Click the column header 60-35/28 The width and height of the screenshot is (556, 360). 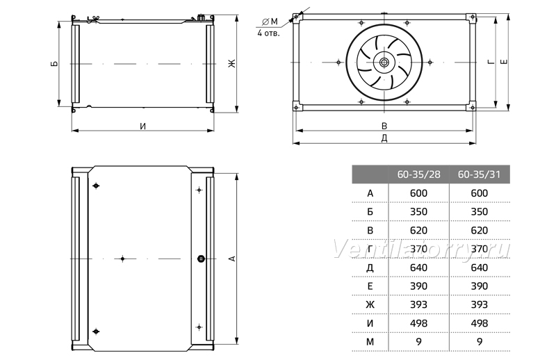tap(418, 174)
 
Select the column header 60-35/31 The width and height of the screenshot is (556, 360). tap(479, 174)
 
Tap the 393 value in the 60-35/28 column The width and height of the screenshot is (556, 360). tap(418, 304)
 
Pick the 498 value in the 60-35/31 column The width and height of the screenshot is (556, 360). tap(479, 323)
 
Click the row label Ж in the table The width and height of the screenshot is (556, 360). tap(370, 304)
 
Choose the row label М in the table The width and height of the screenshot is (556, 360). tap(370, 342)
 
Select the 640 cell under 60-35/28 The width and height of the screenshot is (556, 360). tap(418, 268)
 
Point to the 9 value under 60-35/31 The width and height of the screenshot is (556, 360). tap(480, 342)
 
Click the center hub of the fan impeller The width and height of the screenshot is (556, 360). tap(384, 63)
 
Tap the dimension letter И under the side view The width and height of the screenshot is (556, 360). tap(142, 126)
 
